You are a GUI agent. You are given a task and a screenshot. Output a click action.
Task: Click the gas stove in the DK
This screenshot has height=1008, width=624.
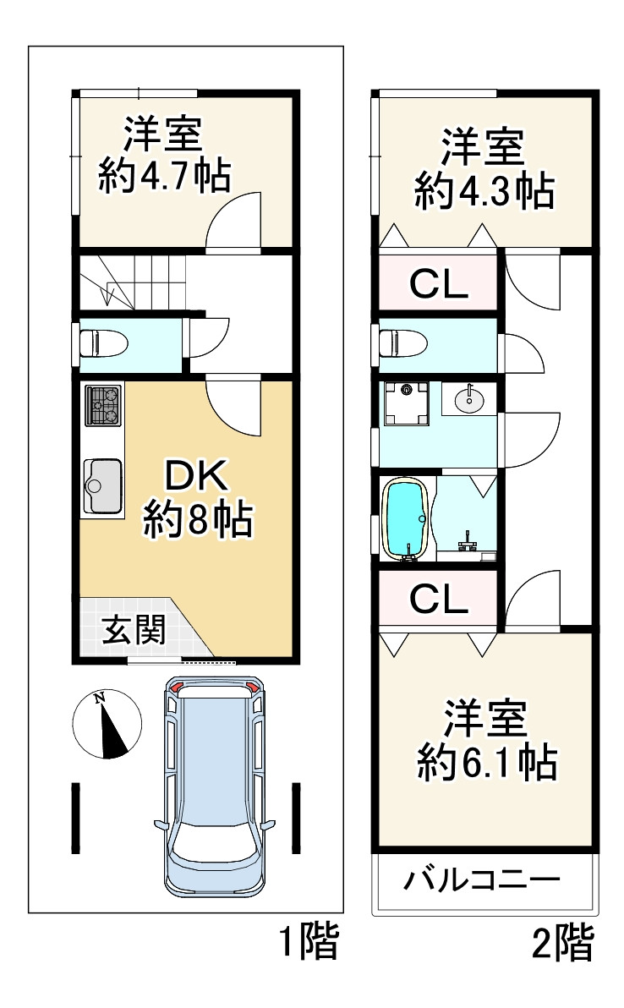(103, 405)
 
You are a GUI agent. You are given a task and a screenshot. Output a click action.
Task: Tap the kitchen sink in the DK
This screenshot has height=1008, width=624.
(103, 485)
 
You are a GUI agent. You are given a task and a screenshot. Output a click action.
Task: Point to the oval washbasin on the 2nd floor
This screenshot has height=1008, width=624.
(470, 400)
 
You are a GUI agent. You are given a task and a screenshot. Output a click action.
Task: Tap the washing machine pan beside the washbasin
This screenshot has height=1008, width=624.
(406, 403)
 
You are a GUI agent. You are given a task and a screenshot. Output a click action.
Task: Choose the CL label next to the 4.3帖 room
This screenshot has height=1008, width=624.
(439, 284)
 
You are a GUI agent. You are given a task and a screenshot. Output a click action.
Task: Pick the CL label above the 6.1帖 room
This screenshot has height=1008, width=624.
(439, 599)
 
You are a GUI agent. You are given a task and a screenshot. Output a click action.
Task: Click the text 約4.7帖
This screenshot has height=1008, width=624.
(165, 175)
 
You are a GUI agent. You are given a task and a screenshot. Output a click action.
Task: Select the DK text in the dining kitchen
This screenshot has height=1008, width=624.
(197, 476)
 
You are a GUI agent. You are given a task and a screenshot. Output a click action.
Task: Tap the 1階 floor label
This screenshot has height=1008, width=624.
(309, 942)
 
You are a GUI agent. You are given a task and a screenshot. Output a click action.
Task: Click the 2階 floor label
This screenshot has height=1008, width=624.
(563, 942)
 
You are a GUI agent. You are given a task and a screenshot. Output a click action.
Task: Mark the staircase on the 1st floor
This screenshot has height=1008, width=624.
(133, 282)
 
